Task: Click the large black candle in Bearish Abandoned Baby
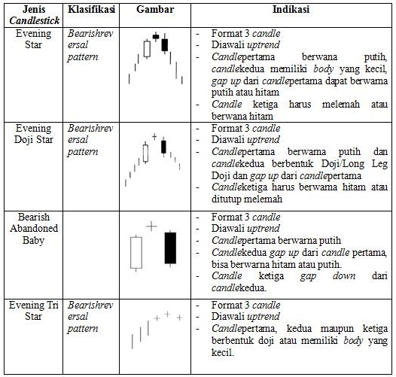tap(170, 248)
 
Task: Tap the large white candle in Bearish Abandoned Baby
tap(136, 252)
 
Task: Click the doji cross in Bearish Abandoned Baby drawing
tap(152, 225)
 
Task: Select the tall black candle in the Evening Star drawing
tap(165, 44)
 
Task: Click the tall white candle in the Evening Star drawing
tap(147, 49)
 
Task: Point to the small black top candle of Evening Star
tap(156, 36)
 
